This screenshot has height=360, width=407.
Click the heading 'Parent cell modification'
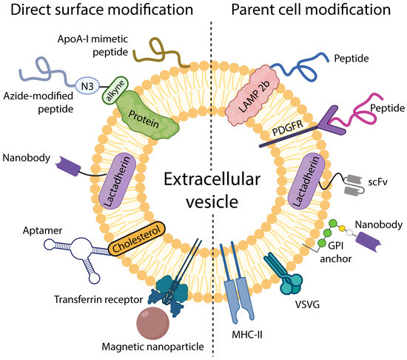pos(311,11)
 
